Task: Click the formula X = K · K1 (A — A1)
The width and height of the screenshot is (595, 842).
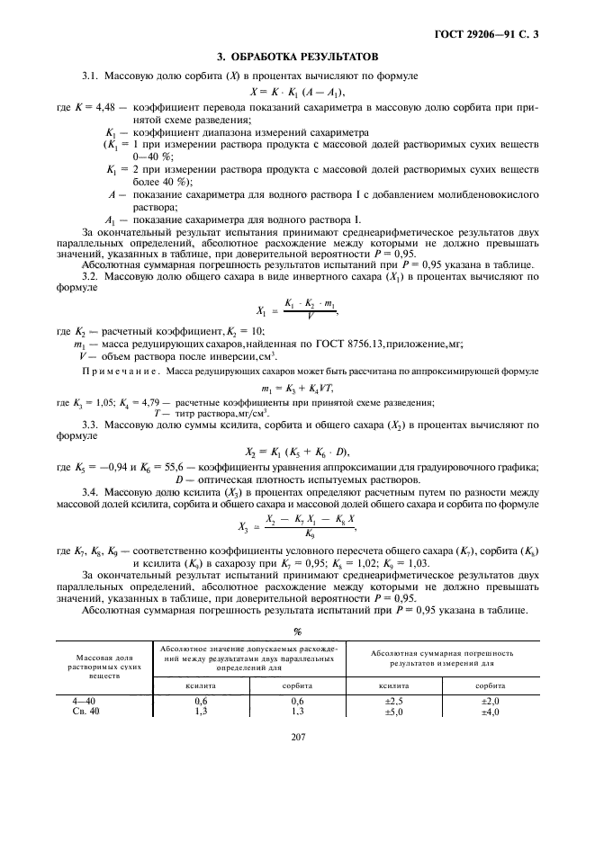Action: (298, 93)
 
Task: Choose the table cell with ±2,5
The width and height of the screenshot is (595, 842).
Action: (394, 699)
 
